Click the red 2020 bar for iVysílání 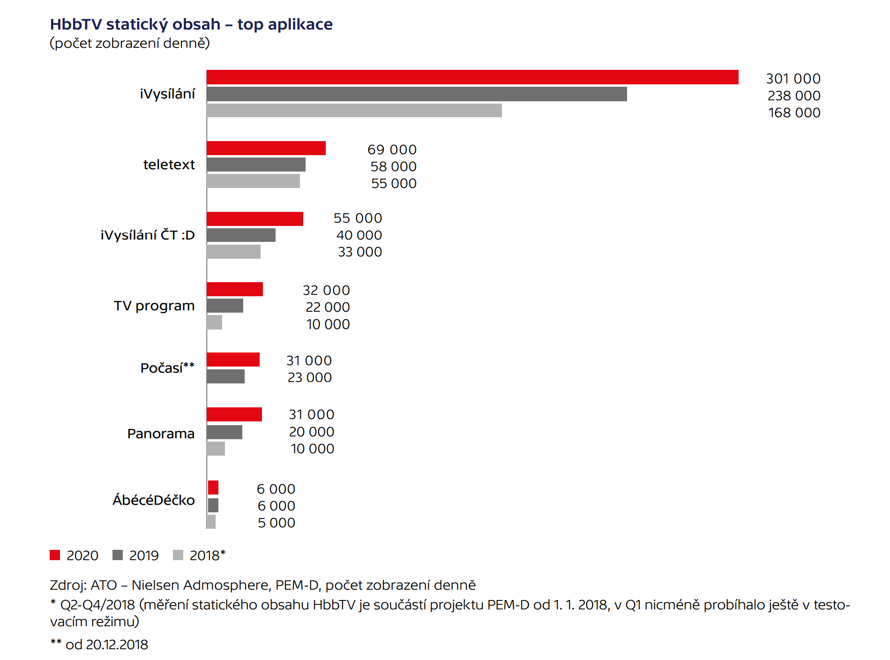click(x=472, y=77)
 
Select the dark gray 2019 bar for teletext click(x=256, y=165)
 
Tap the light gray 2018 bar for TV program click(x=215, y=322)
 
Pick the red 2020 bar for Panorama click(x=234, y=414)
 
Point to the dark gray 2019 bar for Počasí click(x=225, y=376)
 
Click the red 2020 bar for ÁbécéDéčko click(x=213, y=488)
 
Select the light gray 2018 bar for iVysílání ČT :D click(x=233, y=252)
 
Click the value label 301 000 click(x=793, y=79)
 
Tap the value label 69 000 click(x=392, y=150)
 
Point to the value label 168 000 click(x=794, y=112)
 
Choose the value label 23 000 click(x=309, y=377)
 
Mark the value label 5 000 click(x=277, y=523)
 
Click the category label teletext click(x=169, y=165)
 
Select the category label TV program click(x=154, y=306)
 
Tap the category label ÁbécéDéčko click(x=153, y=500)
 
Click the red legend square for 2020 click(x=55, y=555)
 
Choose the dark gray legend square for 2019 click(x=118, y=555)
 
